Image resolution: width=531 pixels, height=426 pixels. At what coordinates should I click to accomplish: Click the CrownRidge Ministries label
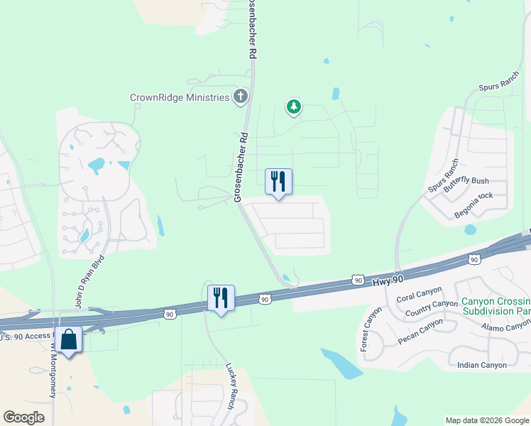[x=180, y=97]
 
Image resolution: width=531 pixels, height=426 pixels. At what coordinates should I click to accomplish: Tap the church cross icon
[x=241, y=97]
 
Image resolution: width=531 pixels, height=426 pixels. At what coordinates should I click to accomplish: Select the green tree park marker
[x=293, y=107]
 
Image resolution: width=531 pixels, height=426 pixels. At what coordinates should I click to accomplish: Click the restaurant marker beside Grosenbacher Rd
[x=278, y=182]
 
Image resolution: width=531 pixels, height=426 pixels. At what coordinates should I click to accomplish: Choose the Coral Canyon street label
[x=419, y=294]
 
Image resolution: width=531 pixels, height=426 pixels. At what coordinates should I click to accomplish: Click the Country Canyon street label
[x=431, y=308]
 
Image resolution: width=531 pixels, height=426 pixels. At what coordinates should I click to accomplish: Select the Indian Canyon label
[x=482, y=365]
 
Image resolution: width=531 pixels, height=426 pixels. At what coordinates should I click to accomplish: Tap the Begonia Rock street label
[x=472, y=201]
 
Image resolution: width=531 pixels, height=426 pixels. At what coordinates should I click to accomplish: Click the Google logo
[x=24, y=417]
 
